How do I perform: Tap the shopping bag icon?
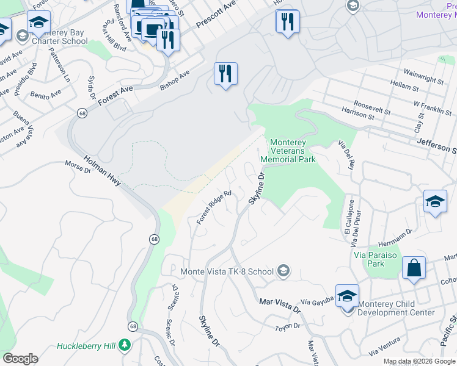click(414, 268)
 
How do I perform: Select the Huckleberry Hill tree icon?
click(125, 346)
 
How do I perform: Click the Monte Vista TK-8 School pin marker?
click(283, 270)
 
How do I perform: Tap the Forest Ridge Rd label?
click(214, 207)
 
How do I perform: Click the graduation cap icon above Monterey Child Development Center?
click(347, 296)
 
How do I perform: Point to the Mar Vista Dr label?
click(280, 304)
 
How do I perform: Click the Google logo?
click(20, 359)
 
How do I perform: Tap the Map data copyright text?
click(419, 361)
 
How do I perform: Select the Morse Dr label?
click(78, 167)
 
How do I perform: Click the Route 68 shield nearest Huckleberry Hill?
click(133, 327)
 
